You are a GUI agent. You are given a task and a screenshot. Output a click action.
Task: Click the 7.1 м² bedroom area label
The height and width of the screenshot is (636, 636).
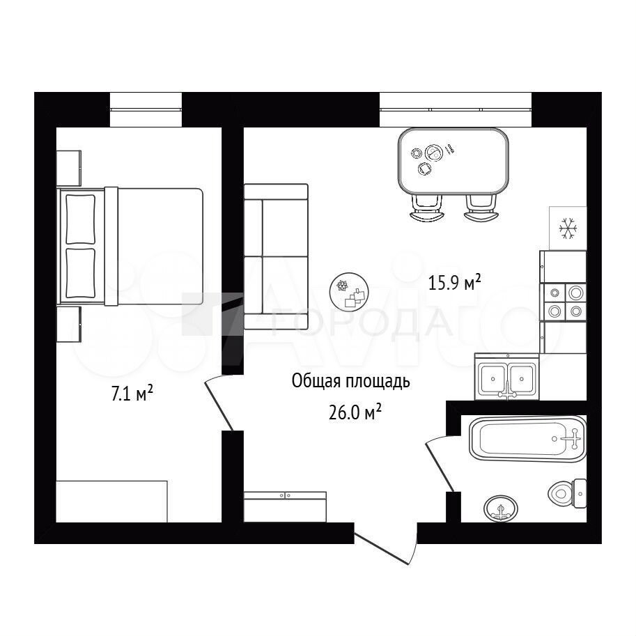coord(132,393)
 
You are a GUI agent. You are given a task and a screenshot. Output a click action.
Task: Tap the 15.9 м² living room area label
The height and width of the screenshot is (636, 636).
coord(454,282)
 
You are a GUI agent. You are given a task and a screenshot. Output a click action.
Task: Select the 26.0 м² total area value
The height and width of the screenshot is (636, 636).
coord(355,412)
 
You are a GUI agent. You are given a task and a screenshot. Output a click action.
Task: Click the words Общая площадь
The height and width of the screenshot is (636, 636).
coord(351,381)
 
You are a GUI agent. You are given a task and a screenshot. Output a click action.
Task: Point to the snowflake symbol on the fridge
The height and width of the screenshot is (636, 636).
coord(568,228)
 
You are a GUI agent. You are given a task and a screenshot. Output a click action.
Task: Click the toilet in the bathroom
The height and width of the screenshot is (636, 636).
coord(568,493)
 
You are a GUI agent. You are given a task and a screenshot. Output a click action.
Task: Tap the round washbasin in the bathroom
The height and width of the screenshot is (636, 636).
coord(501,509)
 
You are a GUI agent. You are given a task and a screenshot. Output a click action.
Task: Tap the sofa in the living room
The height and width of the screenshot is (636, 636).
coord(276,256)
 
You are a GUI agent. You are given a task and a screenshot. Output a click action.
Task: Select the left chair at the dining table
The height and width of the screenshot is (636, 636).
coord(427,208)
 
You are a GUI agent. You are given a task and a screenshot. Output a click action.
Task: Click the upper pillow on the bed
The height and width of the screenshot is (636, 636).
coord(80,219)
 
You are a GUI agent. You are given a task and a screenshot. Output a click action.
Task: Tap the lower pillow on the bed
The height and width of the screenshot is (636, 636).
coord(80,273)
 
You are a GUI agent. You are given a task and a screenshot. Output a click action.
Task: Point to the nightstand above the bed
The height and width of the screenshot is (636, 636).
coord(68,169)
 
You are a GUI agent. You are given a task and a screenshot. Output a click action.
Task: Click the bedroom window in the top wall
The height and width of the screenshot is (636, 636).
coord(146,109)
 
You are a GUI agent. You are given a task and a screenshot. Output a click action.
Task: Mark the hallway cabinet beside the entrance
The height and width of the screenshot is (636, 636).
coord(285,507)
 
